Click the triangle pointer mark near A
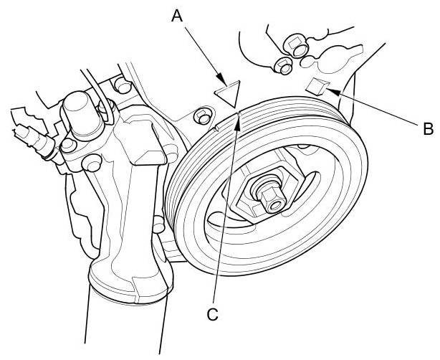(229, 94)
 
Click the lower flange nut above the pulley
(281, 65)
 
